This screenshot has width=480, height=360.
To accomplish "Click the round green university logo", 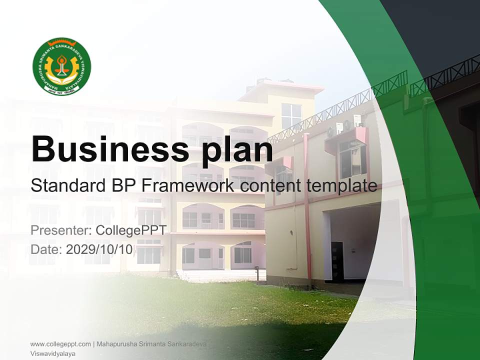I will tap(61, 66).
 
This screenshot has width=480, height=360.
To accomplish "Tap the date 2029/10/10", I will tap(99, 249).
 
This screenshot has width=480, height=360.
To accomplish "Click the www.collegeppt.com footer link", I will tap(60, 344).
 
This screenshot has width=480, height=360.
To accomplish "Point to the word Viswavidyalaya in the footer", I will tap(52, 353).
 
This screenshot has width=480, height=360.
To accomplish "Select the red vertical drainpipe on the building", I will tap(307, 210).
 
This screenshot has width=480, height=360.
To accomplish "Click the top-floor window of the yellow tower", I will tap(291, 115).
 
